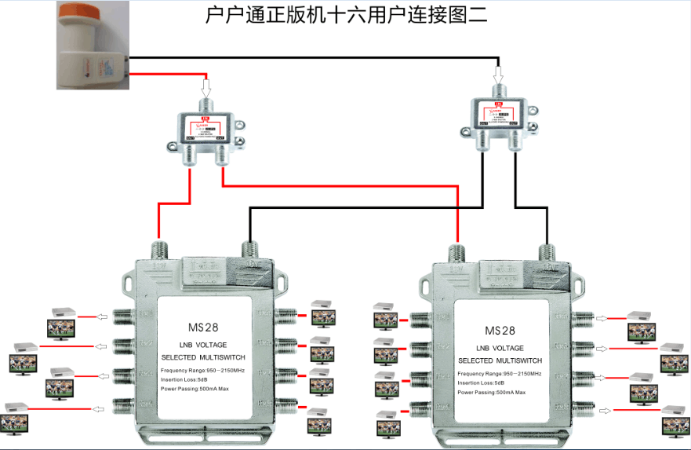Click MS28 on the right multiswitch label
click(500, 330)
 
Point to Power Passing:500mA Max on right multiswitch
click(492, 392)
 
